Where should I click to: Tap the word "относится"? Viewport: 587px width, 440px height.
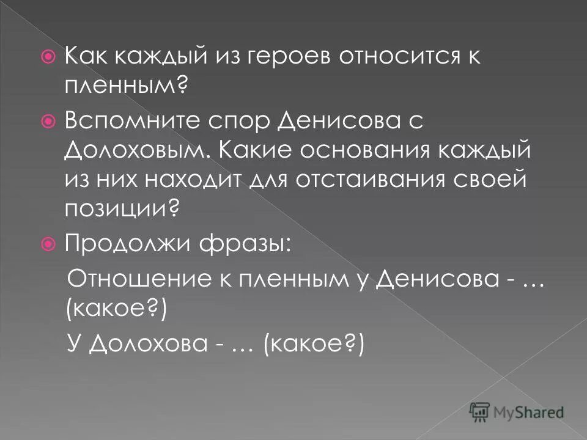[x=392, y=59]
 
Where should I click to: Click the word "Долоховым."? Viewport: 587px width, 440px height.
[x=139, y=150]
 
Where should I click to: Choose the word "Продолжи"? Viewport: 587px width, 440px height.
[x=125, y=244]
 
